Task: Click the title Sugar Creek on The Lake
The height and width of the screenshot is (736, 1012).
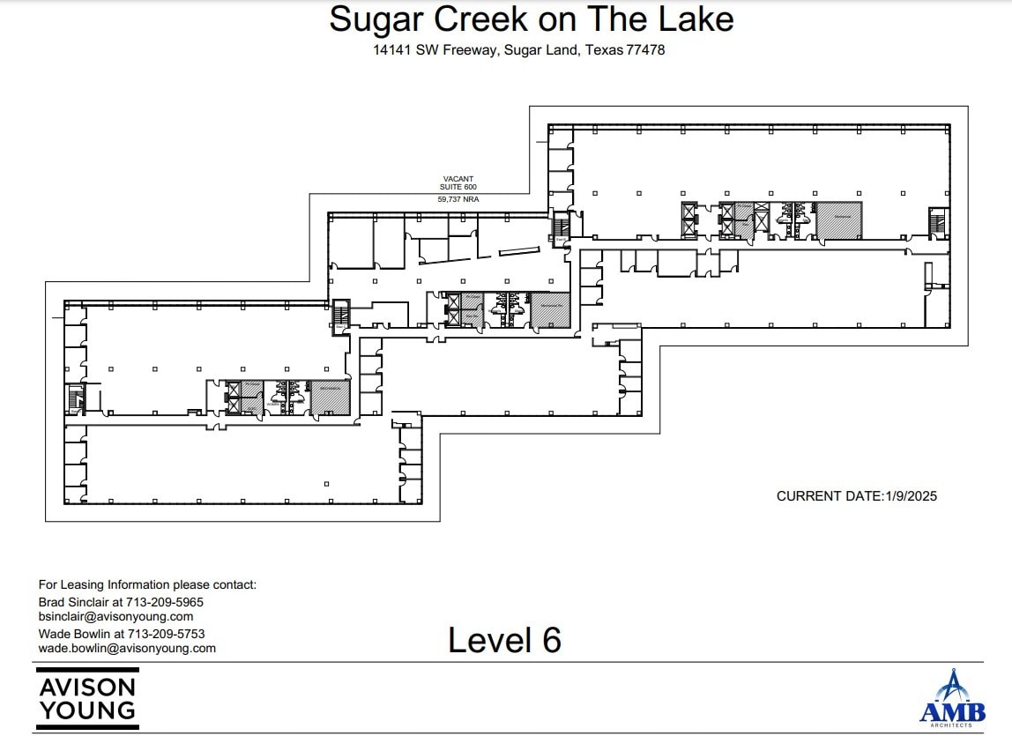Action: tap(531, 19)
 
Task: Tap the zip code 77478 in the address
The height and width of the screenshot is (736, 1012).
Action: tap(645, 50)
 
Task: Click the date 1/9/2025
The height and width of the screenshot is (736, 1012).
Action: tap(910, 496)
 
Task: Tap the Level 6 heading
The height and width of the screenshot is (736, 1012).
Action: tap(504, 640)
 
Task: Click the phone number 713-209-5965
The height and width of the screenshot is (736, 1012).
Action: tap(166, 601)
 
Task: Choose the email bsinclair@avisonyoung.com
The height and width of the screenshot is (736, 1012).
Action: tap(115, 617)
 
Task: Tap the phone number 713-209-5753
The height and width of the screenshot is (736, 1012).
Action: tap(166, 633)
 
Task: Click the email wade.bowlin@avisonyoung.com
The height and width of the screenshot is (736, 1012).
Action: tap(127, 648)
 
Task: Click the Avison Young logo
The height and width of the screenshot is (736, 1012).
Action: tap(86, 696)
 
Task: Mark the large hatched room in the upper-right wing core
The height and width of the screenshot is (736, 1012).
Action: tap(838, 220)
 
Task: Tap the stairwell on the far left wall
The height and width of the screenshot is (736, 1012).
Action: tap(76, 398)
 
